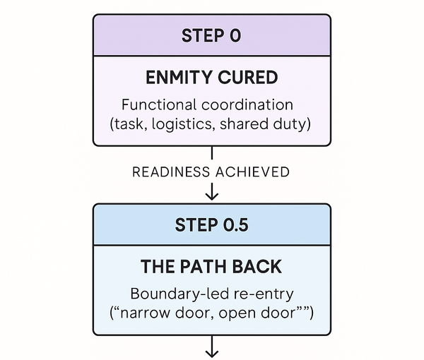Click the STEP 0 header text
click(211, 35)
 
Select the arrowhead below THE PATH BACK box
click(211, 350)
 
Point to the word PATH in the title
click(212, 267)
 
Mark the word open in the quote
click(242, 312)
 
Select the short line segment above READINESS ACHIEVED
click(211, 154)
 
